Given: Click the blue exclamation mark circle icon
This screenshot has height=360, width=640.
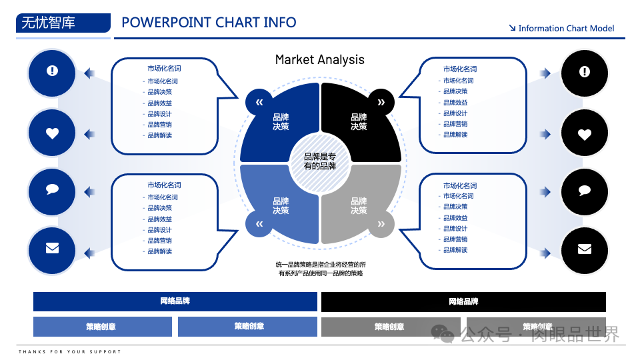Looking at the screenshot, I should tap(52, 71).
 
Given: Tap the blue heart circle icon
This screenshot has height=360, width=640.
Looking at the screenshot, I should tap(52, 133).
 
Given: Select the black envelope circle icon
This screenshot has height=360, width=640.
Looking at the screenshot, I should tap(585, 249).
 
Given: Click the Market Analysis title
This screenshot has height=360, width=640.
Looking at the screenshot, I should tap(320, 60).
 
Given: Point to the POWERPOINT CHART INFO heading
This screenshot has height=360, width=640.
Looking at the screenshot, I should tap(209, 23).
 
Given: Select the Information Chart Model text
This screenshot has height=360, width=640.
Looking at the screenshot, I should tap(565, 29).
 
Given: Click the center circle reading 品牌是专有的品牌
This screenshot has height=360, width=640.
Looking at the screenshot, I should tap(320, 161).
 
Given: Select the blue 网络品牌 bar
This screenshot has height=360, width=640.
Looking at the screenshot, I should tap(175, 301).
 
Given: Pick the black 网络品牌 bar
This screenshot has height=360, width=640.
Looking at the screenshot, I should tap(463, 302).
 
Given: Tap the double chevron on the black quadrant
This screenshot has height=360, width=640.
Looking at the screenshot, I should tap(381, 102).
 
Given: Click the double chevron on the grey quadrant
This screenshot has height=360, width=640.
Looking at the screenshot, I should tap(381, 224).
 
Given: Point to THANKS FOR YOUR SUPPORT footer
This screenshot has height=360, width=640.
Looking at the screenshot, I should tap(70, 351).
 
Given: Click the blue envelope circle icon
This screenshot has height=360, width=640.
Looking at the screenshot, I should tap(52, 249).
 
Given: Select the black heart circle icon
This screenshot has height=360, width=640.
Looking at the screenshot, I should tap(585, 134).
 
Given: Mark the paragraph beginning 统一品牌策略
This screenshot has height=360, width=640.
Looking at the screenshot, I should tap(320, 269).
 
